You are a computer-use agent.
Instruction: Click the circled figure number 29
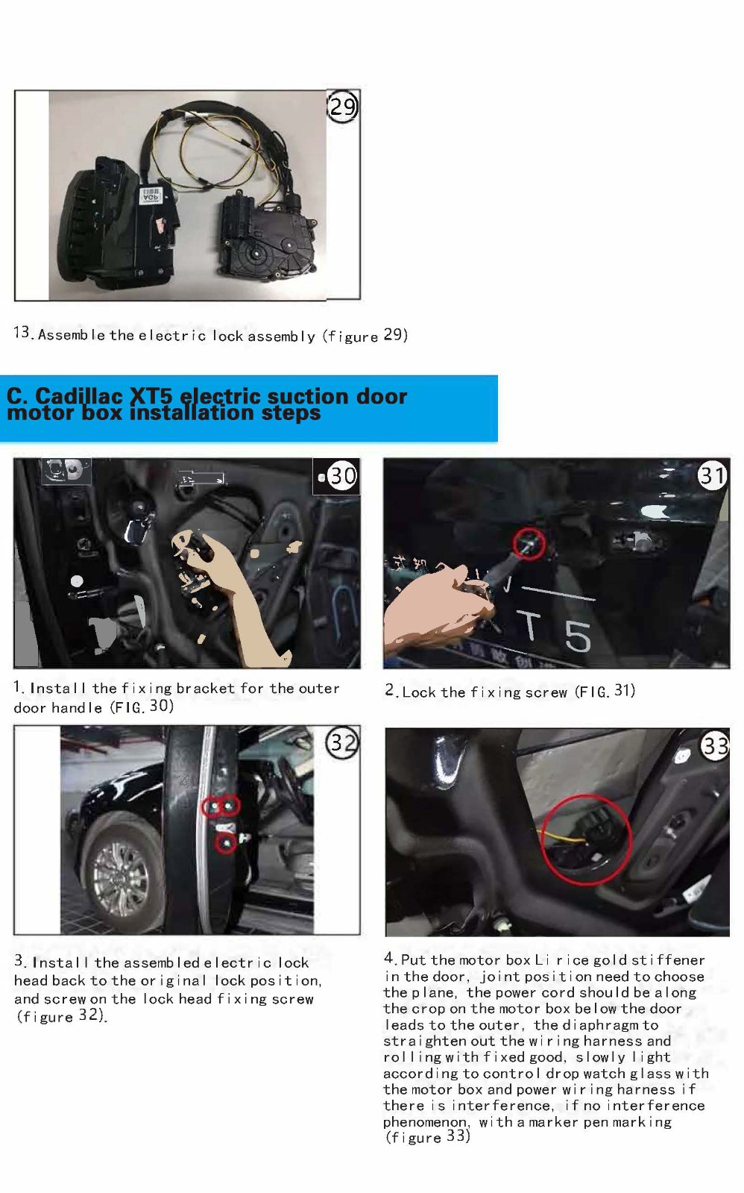point(343,107)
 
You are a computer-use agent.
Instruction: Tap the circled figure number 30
point(342,475)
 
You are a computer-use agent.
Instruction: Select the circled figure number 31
point(713,475)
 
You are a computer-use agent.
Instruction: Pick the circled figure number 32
point(342,742)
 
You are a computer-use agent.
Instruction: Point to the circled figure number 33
point(715,745)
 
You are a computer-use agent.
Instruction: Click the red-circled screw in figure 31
point(529,544)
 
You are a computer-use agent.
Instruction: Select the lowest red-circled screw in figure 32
point(227,844)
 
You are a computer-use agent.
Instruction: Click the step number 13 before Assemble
point(22,333)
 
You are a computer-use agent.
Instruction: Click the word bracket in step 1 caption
point(206,689)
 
